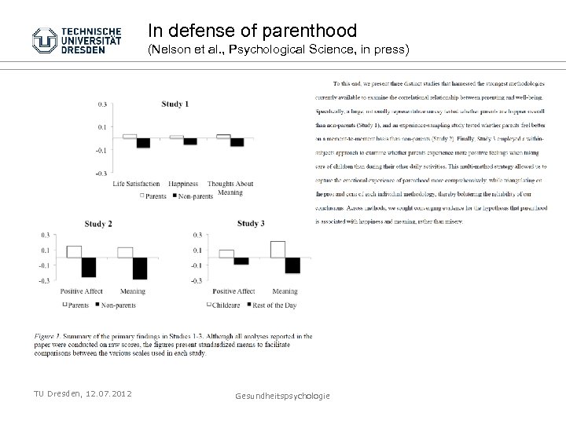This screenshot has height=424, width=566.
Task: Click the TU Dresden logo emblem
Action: [x=46, y=40]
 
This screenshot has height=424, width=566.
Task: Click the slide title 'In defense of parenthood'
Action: [x=252, y=31]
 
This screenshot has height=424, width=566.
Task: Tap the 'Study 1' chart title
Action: [x=175, y=104]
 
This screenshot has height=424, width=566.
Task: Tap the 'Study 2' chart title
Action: [x=97, y=224]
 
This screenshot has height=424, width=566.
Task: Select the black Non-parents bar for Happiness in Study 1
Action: [x=190, y=141]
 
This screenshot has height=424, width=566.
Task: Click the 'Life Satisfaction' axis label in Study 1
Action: [x=136, y=184]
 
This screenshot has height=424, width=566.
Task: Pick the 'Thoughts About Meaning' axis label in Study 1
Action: [x=230, y=188]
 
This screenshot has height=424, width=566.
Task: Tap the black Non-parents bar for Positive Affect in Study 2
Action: [x=88, y=267]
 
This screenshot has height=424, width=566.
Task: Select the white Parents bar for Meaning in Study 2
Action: [x=125, y=252]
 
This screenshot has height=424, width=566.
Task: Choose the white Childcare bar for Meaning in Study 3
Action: [x=277, y=249]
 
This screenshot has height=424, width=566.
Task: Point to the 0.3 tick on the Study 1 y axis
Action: [x=102, y=103]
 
